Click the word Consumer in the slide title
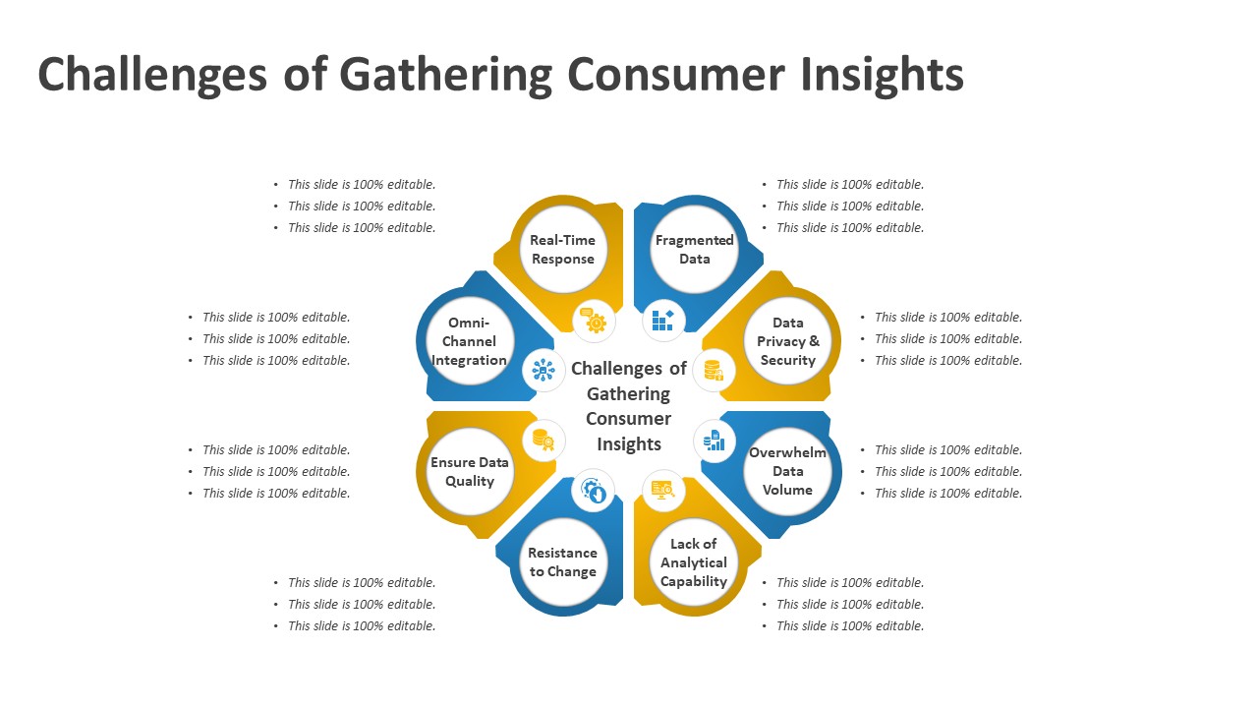tap(676, 75)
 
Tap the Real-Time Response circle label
tap(563, 250)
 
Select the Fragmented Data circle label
tap(695, 250)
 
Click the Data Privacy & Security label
tap(788, 341)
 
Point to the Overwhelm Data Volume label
tap(787, 471)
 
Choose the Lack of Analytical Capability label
tap(694, 562)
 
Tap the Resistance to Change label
tap(563, 562)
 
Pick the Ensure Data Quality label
tap(470, 472)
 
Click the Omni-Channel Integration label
tap(469, 341)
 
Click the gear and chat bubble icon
tap(594, 321)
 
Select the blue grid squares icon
tap(663, 321)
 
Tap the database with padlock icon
tap(714, 371)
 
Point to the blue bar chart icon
tap(715, 441)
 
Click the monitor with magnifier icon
tap(663, 490)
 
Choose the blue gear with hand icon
tap(593, 491)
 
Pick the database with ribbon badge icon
tap(543, 441)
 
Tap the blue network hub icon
tap(543, 371)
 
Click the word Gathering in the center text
tap(628, 394)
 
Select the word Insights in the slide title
tap(882, 75)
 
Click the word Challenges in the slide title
tap(152, 75)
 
